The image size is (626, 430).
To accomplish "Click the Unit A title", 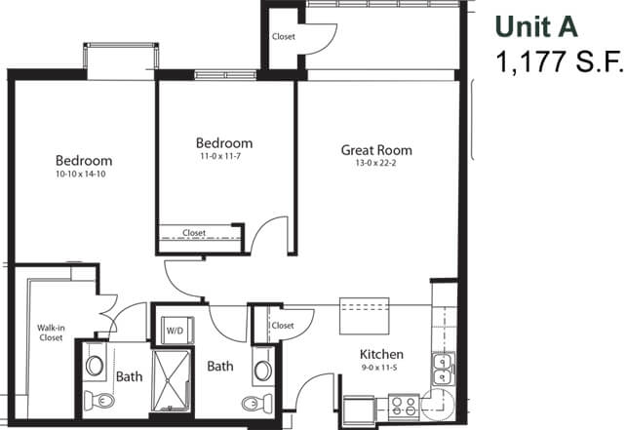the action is (x=536, y=26).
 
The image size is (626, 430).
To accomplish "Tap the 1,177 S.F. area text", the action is (x=560, y=61).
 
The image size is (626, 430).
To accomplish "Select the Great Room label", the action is (x=376, y=150).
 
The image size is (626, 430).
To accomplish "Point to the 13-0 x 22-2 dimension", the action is (x=375, y=163).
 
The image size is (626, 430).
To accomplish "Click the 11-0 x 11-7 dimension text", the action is (x=220, y=156).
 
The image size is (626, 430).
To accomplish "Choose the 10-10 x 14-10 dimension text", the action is (x=81, y=175).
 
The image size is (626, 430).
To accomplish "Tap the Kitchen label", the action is (x=381, y=354).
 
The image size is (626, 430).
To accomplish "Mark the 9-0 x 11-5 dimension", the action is (x=379, y=368).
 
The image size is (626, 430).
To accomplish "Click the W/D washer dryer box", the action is (x=177, y=331).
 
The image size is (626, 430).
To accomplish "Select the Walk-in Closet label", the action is (x=51, y=332).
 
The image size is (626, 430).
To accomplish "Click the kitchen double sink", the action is (x=443, y=370).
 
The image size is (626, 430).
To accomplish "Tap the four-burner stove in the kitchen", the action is (x=404, y=407).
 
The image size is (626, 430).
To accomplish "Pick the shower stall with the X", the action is (x=172, y=381).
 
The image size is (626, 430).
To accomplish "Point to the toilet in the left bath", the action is (x=99, y=400).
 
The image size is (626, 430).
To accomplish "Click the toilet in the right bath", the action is (x=256, y=403).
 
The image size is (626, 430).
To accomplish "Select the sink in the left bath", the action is (x=95, y=366).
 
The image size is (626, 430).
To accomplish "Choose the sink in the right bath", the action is (x=262, y=371).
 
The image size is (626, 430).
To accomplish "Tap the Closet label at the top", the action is (x=284, y=36).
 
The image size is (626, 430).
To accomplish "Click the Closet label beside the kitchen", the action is (x=283, y=326).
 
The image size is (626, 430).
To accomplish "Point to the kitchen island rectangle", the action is (x=364, y=316).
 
